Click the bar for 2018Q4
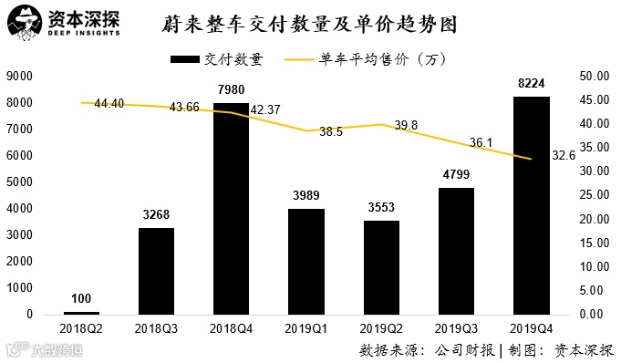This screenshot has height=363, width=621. point(231,210)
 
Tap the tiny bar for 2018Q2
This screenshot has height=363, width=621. point(81,313)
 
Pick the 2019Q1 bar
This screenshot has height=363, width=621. point(305,262)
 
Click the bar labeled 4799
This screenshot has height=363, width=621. point(455,251)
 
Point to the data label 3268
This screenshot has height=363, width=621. point(156,215)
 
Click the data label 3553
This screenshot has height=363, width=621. point(380,207)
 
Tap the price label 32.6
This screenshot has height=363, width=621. point(564,156)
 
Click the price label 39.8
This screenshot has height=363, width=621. point(406,125)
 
